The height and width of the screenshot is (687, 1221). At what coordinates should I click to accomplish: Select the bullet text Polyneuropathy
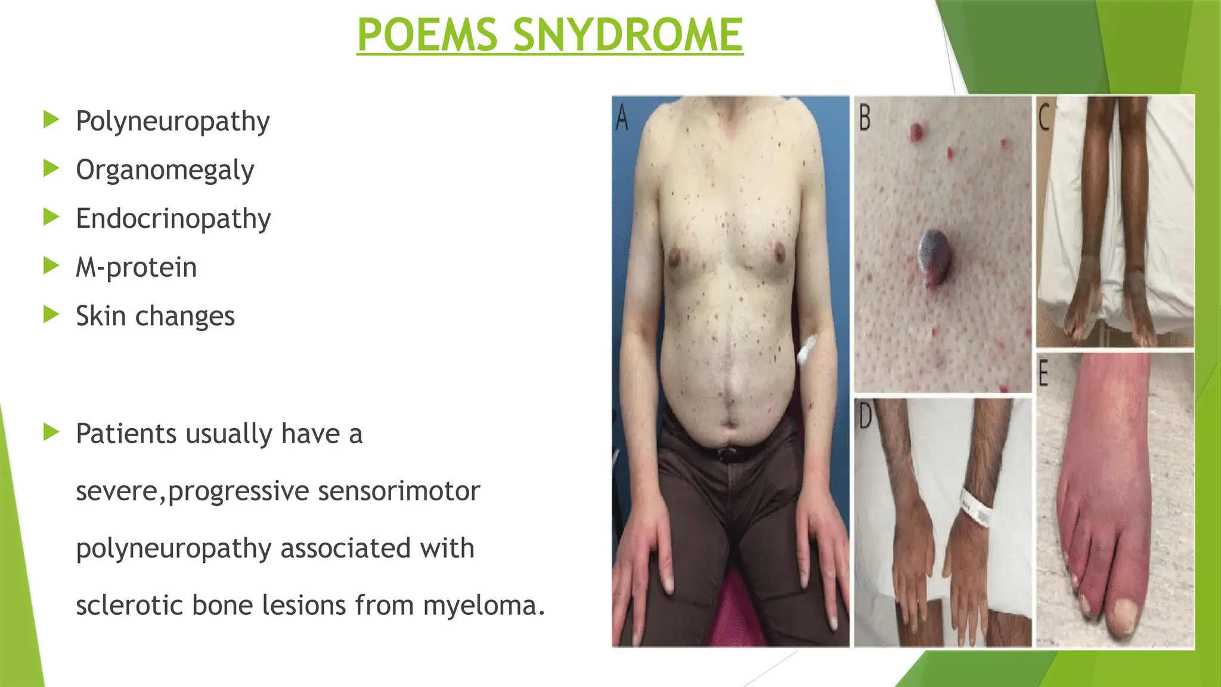click(172, 122)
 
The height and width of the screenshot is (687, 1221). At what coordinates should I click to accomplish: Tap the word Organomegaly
click(165, 171)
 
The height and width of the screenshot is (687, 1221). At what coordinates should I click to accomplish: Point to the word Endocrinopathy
click(173, 219)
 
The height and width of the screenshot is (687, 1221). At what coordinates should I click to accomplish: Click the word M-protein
click(136, 267)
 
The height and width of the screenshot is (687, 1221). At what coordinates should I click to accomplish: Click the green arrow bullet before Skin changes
click(52, 314)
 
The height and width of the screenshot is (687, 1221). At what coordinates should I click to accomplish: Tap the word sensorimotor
click(399, 491)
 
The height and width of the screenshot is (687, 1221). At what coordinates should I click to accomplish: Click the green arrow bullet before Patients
click(52, 432)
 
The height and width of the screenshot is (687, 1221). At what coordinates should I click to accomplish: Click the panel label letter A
click(622, 117)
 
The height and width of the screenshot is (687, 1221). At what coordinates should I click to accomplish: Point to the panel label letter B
click(864, 117)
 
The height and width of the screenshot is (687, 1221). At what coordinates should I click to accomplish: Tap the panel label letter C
click(1044, 117)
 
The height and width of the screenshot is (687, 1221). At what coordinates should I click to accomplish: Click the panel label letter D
click(864, 416)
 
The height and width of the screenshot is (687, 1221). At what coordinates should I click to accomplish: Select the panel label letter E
click(1043, 373)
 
